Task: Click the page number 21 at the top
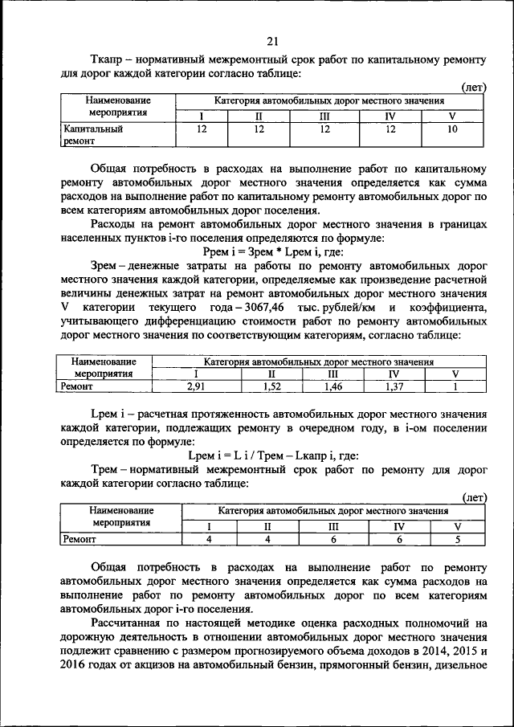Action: [x=271, y=42]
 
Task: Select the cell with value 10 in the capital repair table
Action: [x=453, y=129]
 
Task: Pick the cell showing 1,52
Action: [x=271, y=387]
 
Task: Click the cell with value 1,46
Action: [x=333, y=387]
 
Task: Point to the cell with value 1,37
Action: [x=394, y=387]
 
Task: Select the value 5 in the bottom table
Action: [x=456, y=539]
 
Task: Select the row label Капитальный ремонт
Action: [x=92, y=134]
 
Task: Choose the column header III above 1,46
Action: [x=333, y=374]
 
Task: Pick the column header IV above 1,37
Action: [x=394, y=374]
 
